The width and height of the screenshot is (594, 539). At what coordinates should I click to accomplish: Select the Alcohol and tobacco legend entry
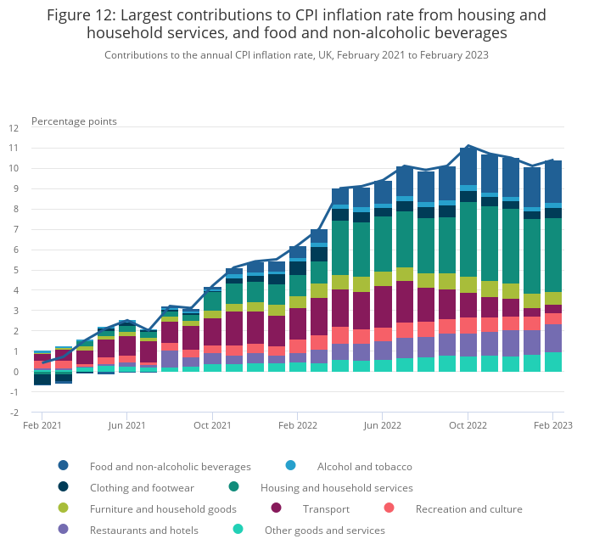click(364, 466)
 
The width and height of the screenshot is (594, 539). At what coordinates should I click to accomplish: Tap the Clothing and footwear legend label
click(143, 488)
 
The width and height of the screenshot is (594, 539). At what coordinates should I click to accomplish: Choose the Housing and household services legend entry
click(336, 488)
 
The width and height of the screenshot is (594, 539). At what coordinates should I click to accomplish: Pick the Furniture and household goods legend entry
click(163, 509)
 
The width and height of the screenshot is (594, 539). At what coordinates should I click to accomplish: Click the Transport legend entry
click(326, 509)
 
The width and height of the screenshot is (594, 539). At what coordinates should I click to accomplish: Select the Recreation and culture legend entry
click(468, 509)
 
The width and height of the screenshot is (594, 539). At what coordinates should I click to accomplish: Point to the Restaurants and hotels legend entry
click(144, 531)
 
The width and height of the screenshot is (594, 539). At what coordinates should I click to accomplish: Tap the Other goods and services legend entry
click(324, 531)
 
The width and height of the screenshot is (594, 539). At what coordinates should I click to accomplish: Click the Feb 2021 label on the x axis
click(42, 424)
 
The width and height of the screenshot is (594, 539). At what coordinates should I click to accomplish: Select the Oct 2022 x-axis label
click(468, 424)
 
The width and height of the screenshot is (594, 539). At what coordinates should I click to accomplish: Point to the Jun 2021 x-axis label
click(127, 424)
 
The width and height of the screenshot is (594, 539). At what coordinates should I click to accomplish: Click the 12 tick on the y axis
click(14, 128)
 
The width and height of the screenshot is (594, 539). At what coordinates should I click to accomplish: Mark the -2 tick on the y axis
click(14, 413)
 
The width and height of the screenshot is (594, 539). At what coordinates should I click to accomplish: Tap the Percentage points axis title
click(74, 121)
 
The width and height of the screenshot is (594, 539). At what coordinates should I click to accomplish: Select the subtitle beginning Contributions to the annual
click(296, 55)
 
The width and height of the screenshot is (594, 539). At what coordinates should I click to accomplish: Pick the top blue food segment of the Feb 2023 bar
click(553, 182)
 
